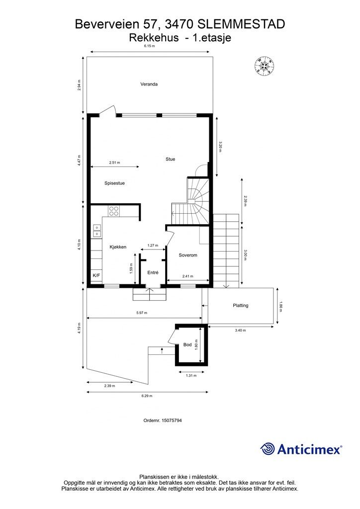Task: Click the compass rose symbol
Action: point(264,66)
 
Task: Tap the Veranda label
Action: point(149,84)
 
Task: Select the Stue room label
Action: point(171,159)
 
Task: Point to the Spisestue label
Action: point(114,183)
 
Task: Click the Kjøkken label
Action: point(118,247)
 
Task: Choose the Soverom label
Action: point(188,255)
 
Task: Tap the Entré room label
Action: point(153,273)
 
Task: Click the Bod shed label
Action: point(187,344)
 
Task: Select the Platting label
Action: point(241,306)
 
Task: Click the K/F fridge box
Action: point(96,275)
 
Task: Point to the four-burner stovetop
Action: point(114,211)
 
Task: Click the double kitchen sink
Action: point(97,231)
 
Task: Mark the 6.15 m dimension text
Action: point(150,46)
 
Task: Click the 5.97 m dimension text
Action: point(142,313)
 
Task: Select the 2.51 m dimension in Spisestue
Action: point(114,163)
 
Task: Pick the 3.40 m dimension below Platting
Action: point(240,331)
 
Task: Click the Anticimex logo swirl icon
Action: point(267,449)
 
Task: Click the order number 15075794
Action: point(172,421)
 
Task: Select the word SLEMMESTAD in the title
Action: point(241,24)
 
